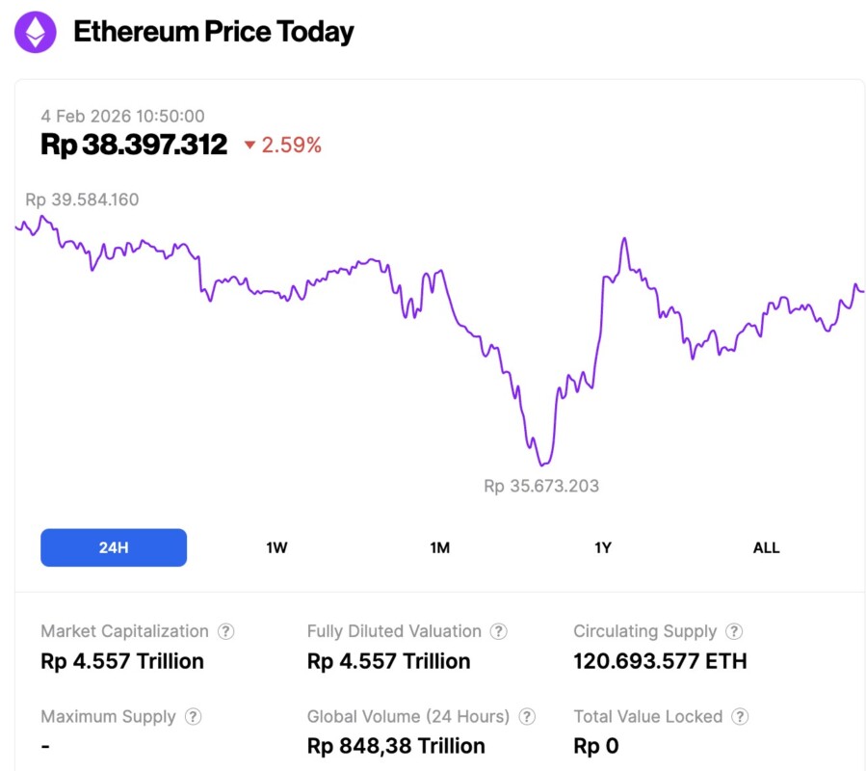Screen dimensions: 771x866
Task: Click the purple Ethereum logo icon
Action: click(36, 33)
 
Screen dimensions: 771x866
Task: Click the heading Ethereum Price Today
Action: click(214, 32)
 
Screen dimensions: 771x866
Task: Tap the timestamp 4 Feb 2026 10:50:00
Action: click(122, 116)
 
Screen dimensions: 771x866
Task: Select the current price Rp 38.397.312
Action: click(134, 145)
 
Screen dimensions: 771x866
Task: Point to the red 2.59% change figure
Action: click(291, 146)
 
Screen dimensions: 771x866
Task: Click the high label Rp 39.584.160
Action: click(82, 199)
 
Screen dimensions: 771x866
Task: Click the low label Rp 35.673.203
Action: click(541, 486)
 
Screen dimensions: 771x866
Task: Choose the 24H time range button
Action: click(114, 547)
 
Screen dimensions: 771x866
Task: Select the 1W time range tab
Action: click(276, 547)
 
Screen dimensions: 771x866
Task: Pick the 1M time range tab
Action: click(440, 547)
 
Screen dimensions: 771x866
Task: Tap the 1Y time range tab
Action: click(603, 547)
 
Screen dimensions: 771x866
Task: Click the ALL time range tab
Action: click(766, 547)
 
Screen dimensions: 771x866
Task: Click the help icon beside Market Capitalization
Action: click(225, 631)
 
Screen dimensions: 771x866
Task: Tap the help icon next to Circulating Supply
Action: click(734, 631)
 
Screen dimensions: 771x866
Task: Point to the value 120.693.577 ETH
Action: click(660, 661)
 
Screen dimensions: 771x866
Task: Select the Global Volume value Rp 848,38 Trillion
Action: click(396, 746)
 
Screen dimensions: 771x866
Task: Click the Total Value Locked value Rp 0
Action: click(595, 746)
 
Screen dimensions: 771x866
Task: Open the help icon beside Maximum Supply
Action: click(193, 717)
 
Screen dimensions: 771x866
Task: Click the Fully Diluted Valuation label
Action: click(394, 631)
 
